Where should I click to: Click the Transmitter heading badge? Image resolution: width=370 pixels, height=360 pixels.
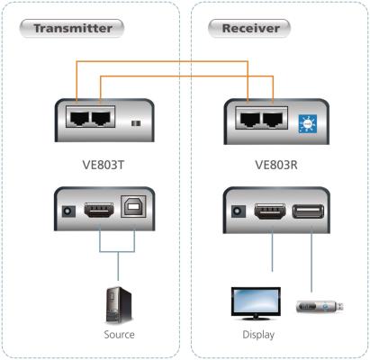click(x=72, y=29)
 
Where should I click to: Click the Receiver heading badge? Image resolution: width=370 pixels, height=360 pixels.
click(x=249, y=29)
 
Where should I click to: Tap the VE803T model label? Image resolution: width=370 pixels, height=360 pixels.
click(x=104, y=165)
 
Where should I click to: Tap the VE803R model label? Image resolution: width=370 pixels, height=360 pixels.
click(x=276, y=165)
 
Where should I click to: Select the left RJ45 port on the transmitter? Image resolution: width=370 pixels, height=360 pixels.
click(x=79, y=118)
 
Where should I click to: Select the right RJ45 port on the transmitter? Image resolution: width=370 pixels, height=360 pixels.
click(x=102, y=118)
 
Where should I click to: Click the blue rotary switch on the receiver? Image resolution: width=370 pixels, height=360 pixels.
click(x=308, y=124)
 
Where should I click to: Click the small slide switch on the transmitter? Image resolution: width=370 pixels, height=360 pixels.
click(x=136, y=123)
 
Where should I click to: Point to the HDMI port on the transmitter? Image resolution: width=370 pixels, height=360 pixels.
click(x=99, y=210)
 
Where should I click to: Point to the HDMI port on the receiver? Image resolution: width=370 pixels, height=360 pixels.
click(x=270, y=211)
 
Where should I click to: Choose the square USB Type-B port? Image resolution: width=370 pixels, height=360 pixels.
click(x=133, y=207)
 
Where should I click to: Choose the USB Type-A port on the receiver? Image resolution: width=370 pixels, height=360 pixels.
click(x=308, y=211)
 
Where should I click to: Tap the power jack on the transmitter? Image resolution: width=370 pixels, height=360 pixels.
click(x=68, y=211)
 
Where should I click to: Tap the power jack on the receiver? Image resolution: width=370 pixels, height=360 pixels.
click(x=239, y=211)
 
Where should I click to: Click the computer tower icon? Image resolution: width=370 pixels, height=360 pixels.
click(x=119, y=305)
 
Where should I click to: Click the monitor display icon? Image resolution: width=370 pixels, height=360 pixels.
click(x=256, y=303)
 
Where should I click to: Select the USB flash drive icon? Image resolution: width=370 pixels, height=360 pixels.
click(x=320, y=307)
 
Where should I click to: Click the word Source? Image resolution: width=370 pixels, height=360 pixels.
click(x=119, y=334)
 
